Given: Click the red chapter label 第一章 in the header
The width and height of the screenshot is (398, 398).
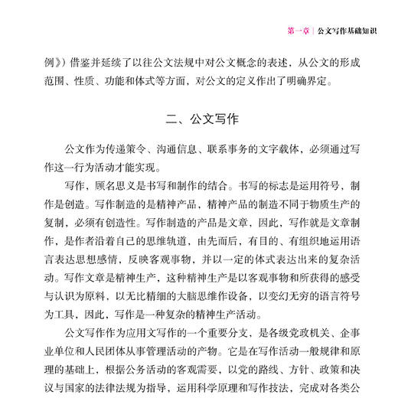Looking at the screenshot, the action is pos(298,31).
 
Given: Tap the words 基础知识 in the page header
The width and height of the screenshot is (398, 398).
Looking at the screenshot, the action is pos(360,31).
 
